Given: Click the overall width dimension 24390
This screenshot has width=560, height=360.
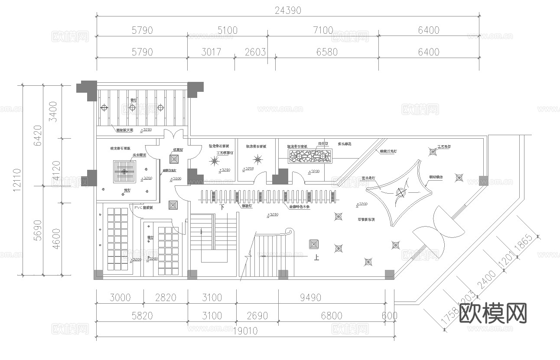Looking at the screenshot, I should (287, 10).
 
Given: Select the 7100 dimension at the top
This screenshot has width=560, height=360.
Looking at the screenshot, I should (323, 30).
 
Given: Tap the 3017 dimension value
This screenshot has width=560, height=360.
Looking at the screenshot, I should (211, 52).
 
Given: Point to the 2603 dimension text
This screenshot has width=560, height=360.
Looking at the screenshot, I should (255, 52).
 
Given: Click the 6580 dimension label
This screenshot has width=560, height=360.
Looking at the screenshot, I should (327, 52).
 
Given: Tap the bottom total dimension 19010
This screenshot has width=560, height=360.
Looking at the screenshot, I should (244, 331).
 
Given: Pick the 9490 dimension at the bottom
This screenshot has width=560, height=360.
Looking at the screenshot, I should (310, 298).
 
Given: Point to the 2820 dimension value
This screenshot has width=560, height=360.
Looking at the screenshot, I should (166, 298).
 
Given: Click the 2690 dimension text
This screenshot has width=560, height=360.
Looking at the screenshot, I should (257, 316).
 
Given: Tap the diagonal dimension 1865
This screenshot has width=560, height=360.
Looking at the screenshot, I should (523, 249).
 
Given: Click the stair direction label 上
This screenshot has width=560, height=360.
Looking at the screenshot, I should (317, 257).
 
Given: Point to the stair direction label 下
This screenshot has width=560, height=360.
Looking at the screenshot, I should (222, 208).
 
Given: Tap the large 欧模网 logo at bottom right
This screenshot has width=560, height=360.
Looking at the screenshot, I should (492, 313).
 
